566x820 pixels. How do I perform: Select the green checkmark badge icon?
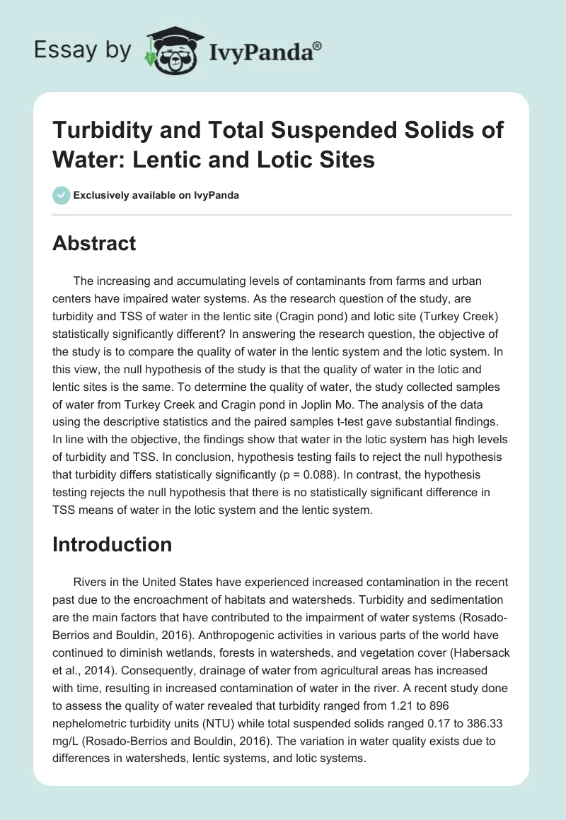61,195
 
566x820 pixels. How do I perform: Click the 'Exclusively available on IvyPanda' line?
156,195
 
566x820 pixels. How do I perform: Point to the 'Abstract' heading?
94,243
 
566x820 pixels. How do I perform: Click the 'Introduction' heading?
112,544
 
